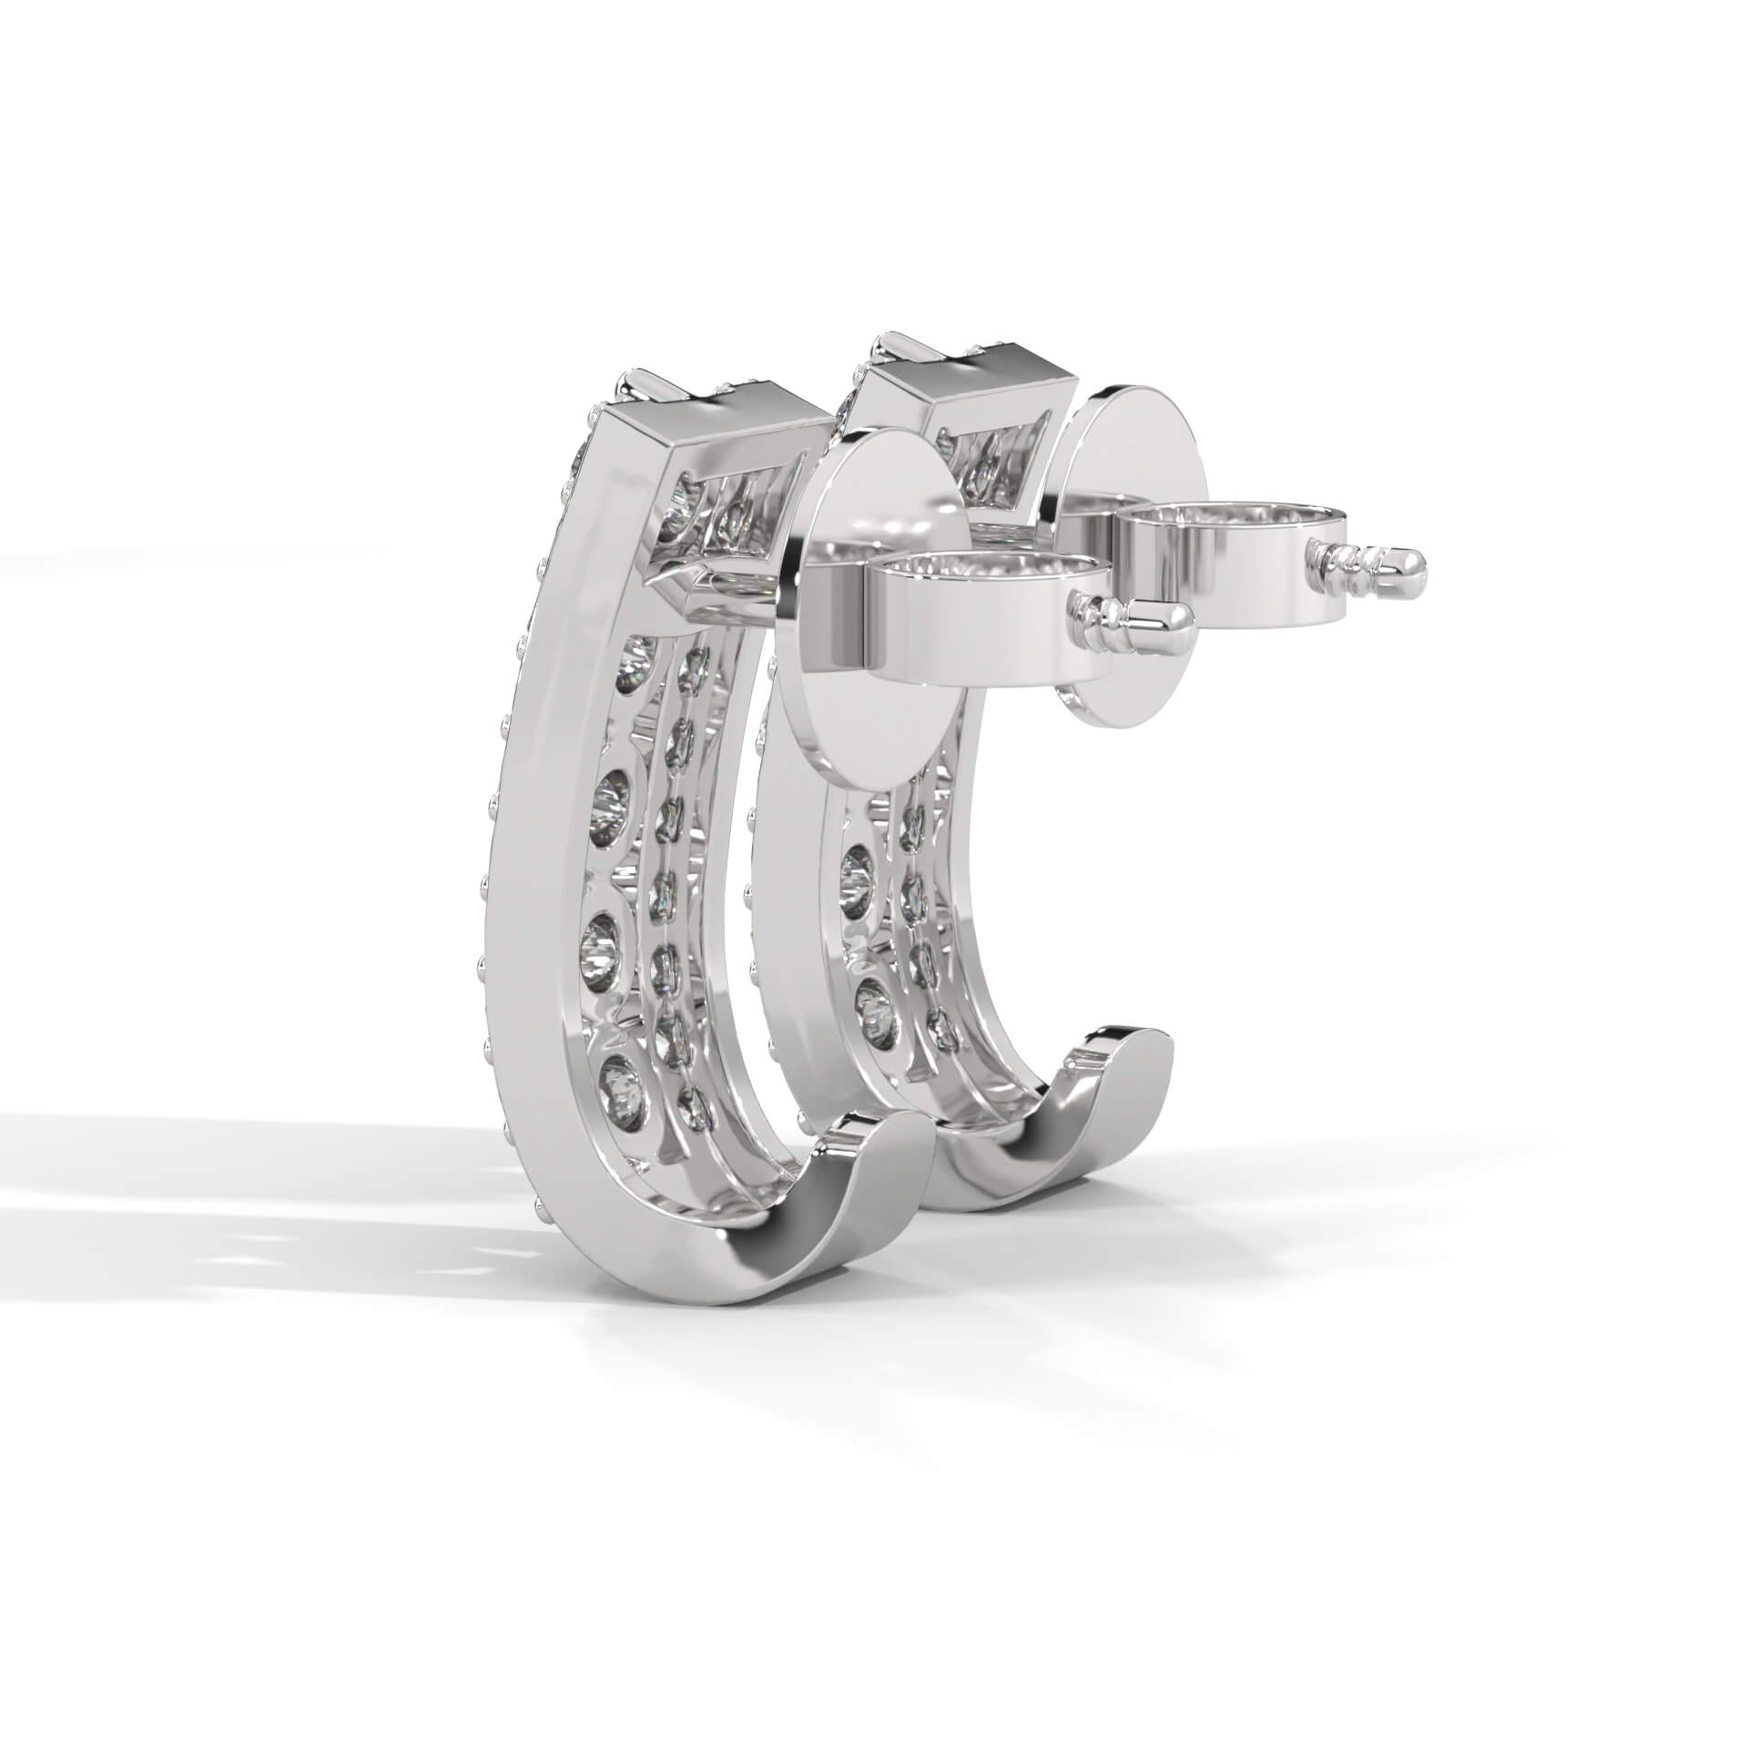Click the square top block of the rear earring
(x=983, y=382)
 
